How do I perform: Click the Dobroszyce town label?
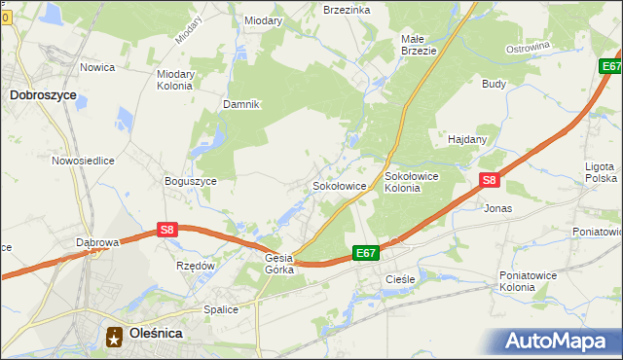pyautogui.click(x=43, y=95)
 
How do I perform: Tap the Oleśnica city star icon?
pyautogui.click(x=114, y=335)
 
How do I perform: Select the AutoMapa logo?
pyautogui.click(x=559, y=342)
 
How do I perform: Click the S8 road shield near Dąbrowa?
pyautogui.click(x=167, y=230)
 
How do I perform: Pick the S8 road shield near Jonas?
pyautogui.click(x=490, y=180)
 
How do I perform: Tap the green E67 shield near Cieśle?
pyautogui.click(x=365, y=253)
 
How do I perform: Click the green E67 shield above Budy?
pyautogui.click(x=610, y=66)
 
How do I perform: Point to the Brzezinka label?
pyautogui.click(x=347, y=9)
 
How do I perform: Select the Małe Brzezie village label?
pyautogui.click(x=420, y=45)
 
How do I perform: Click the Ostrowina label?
pyautogui.click(x=529, y=47)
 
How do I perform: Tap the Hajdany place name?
pyautogui.click(x=467, y=139)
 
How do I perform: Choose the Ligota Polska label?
pyautogui.click(x=601, y=172)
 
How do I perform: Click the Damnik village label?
pyautogui.click(x=241, y=104)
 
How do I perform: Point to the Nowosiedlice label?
pyautogui.click(x=85, y=161)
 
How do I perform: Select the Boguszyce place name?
pyautogui.click(x=191, y=181)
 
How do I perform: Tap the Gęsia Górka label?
pyautogui.click(x=279, y=264)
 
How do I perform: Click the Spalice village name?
pyautogui.click(x=221, y=309)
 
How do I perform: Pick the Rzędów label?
pyautogui.click(x=195, y=265)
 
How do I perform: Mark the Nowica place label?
pyautogui.click(x=98, y=67)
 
